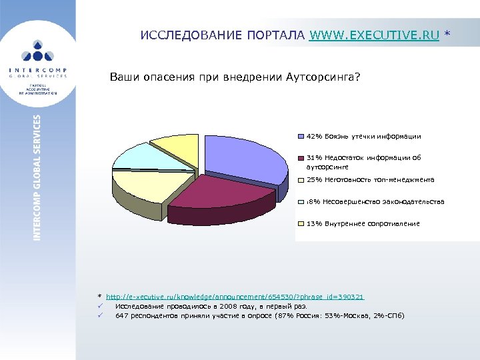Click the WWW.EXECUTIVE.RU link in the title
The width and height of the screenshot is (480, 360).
point(374,36)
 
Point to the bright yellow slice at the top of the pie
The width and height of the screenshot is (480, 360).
point(177,149)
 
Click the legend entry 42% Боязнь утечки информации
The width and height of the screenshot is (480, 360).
point(363,136)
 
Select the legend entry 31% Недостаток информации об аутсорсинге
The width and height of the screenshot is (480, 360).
point(363,163)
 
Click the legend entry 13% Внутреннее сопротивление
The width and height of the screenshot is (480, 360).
point(363,223)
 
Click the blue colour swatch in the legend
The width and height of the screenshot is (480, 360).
point(301,136)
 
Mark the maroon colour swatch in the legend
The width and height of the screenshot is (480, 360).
point(301,159)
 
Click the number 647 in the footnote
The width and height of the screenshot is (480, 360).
point(121,315)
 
